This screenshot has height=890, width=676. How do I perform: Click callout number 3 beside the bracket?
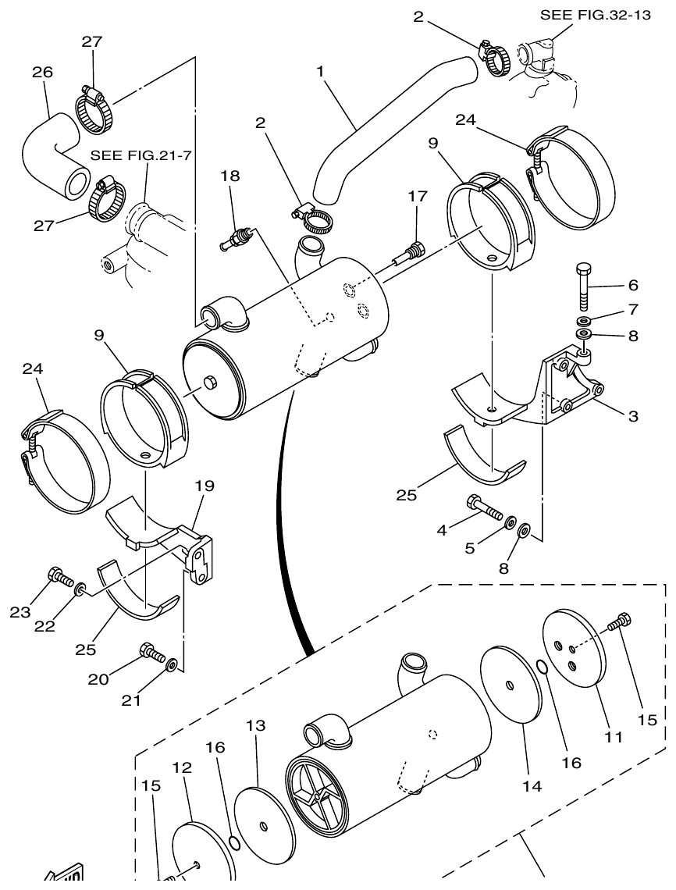click(632, 416)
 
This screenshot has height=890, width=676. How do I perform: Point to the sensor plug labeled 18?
click(237, 237)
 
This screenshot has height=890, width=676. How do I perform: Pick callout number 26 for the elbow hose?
click(42, 72)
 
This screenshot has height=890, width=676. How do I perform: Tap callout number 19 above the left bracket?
click(205, 485)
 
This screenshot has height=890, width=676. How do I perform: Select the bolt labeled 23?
click(59, 578)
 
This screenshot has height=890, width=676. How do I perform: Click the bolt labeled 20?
click(150, 652)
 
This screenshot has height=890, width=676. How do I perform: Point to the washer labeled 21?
click(171, 665)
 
